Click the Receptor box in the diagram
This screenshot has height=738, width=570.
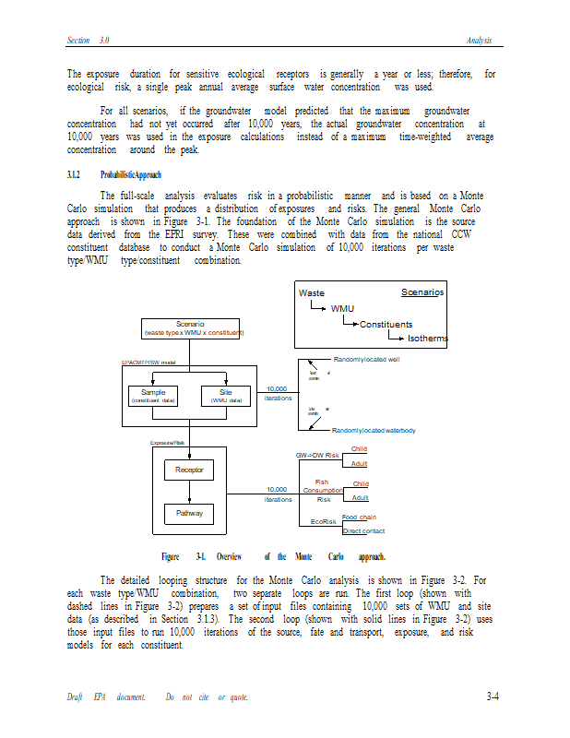[189, 470]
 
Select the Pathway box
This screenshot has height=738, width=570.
[189, 513]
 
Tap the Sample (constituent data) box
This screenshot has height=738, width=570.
[153, 397]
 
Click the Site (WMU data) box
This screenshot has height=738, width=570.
[226, 397]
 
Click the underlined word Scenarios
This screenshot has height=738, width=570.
[422, 292]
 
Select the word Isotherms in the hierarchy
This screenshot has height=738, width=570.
[428, 339]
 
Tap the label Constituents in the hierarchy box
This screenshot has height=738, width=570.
[386, 324]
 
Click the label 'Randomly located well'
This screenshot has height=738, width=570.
[366, 359]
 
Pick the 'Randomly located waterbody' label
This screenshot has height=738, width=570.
[374, 431]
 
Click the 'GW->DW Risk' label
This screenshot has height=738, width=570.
[317, 456]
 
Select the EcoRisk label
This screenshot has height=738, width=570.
[324, 522]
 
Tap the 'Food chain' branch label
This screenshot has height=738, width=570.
[359, 518]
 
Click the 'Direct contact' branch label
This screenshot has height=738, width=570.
[363, 530]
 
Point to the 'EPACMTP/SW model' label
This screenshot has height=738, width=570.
[149, 363]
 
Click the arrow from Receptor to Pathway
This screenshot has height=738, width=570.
[189, 492]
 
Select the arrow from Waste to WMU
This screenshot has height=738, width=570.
[317, 305]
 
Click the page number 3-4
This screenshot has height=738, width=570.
[493, 696]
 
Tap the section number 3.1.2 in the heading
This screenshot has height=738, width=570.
[74, 174]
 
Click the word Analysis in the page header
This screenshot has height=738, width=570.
[479, 41]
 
